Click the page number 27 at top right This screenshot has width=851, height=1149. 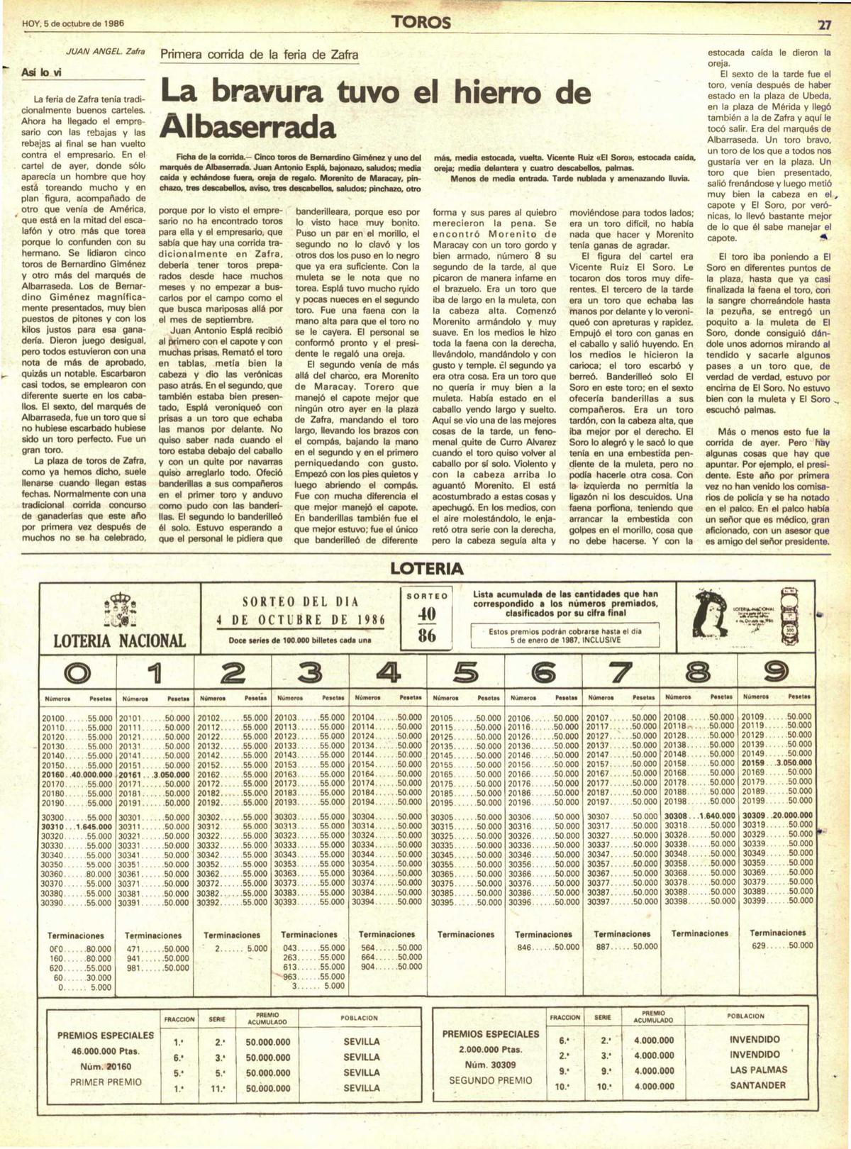point(824,23)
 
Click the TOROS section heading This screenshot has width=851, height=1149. point(421,23)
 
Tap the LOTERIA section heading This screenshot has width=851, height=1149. point(426,568)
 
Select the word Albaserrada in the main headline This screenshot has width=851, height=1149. point(248,128)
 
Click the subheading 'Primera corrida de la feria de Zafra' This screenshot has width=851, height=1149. point(260,55)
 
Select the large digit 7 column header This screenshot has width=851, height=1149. point(621,672)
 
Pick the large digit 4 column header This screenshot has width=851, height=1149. point(387,672)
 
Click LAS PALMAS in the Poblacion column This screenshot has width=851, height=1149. point(758,1070)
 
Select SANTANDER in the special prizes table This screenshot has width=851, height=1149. point(757,1085)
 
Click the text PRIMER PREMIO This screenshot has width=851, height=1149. point(106,1082)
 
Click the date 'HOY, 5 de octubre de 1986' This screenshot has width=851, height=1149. point(74,23)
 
